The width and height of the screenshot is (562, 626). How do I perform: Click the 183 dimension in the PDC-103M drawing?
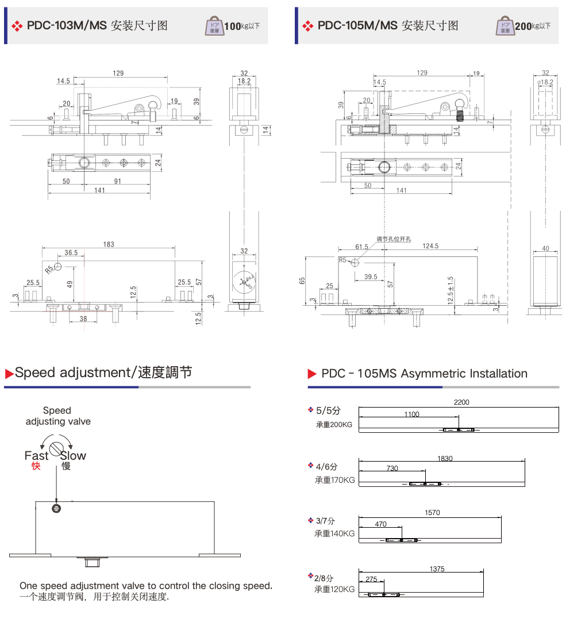coord(108,244)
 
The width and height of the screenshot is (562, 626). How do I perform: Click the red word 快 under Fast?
coord(36,466)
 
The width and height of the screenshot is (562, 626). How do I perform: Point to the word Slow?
coord(73,455)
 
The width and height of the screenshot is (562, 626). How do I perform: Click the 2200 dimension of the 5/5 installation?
coord(461,402)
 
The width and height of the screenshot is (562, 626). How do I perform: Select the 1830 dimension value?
coord(445,458)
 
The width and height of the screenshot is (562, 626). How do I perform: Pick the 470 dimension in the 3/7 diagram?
coord(380,524)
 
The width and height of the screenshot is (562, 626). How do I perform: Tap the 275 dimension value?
coord(371,579)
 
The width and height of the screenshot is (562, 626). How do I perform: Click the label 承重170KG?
coord(334,480)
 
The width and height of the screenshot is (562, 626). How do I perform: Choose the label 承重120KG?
coord(334,589)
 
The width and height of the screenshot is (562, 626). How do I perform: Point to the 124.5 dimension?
coord(430,246)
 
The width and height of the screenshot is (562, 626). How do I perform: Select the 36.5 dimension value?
coord(71,253)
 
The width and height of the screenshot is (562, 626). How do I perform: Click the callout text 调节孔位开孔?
coord(394,239)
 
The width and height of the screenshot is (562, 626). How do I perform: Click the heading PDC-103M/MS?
coord(67,25)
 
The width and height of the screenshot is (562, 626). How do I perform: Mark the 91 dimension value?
coord(117,181)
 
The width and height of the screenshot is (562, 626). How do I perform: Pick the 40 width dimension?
coord(545,249)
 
